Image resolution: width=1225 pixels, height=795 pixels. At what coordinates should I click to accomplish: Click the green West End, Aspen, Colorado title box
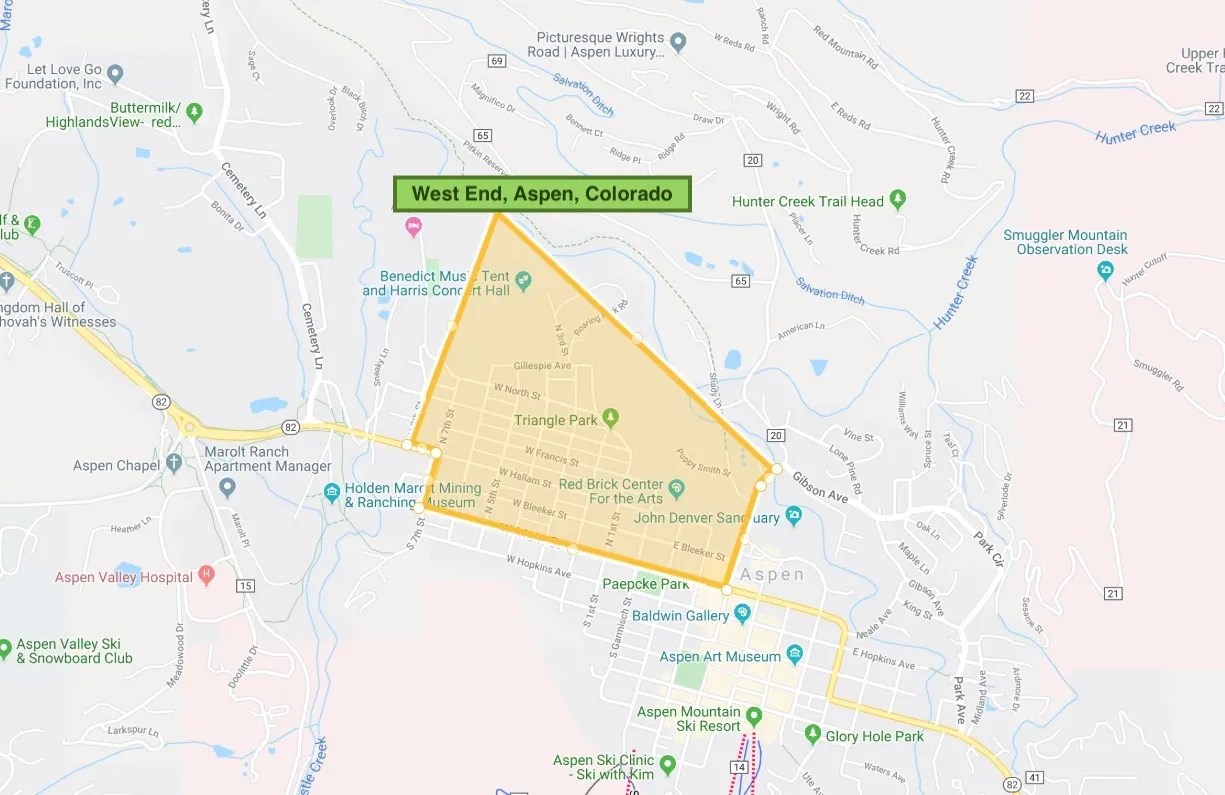pyautogui.click(x=542, y=194)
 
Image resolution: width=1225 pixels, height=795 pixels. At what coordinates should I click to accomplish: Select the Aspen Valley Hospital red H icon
pyautogui.click(x=207, y=575)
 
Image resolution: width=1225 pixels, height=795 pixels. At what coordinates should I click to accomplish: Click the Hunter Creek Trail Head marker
pyautogui.click(x=898, y=199)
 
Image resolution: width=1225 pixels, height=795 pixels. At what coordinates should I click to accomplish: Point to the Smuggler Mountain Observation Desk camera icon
pyautogui.click(x=1105, y=270)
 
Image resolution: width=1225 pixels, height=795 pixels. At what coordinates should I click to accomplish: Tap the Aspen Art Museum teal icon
pyautogui.click(x=794, y=656)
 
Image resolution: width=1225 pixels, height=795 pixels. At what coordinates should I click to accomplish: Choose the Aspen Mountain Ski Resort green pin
pyautogui.click(x=754, y=717)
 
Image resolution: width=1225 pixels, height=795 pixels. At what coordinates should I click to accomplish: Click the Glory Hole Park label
pyautogui.click(x=874, y=737)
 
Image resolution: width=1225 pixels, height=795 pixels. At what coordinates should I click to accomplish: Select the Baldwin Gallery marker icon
pyautogui.click(x=742, y=612)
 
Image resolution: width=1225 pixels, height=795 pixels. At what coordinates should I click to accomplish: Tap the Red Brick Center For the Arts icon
pyautogui.click(x=676, y=488)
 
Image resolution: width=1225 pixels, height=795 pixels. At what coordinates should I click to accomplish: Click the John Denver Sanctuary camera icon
pyautogui.click(x=793, y=516)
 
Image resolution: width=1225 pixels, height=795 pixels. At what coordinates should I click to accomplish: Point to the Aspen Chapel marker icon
pyautogui.click(x=174, y=464)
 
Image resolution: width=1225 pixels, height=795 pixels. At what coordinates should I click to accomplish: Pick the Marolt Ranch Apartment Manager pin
pyautogui.click(x=227, y=488)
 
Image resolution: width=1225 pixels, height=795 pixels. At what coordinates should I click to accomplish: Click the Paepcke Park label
pyautogui.click(x=645, y=584)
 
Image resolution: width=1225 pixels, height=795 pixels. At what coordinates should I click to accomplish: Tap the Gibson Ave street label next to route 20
pyautogui.click(x=820, y=487)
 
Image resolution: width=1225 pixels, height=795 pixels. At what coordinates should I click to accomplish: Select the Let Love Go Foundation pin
pyautogui.click(x=115, y=73)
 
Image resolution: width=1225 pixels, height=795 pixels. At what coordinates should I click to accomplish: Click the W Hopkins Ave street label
pyautogui.click(x=538, y=567)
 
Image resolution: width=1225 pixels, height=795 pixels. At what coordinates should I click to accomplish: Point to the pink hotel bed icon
pyautogui.click(x=413, y=228)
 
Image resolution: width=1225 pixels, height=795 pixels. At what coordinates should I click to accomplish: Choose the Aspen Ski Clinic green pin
pyautogui.click(x=668, y=766)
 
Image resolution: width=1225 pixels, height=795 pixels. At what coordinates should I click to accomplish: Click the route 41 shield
pyautogui.click(x=1035, y=777)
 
